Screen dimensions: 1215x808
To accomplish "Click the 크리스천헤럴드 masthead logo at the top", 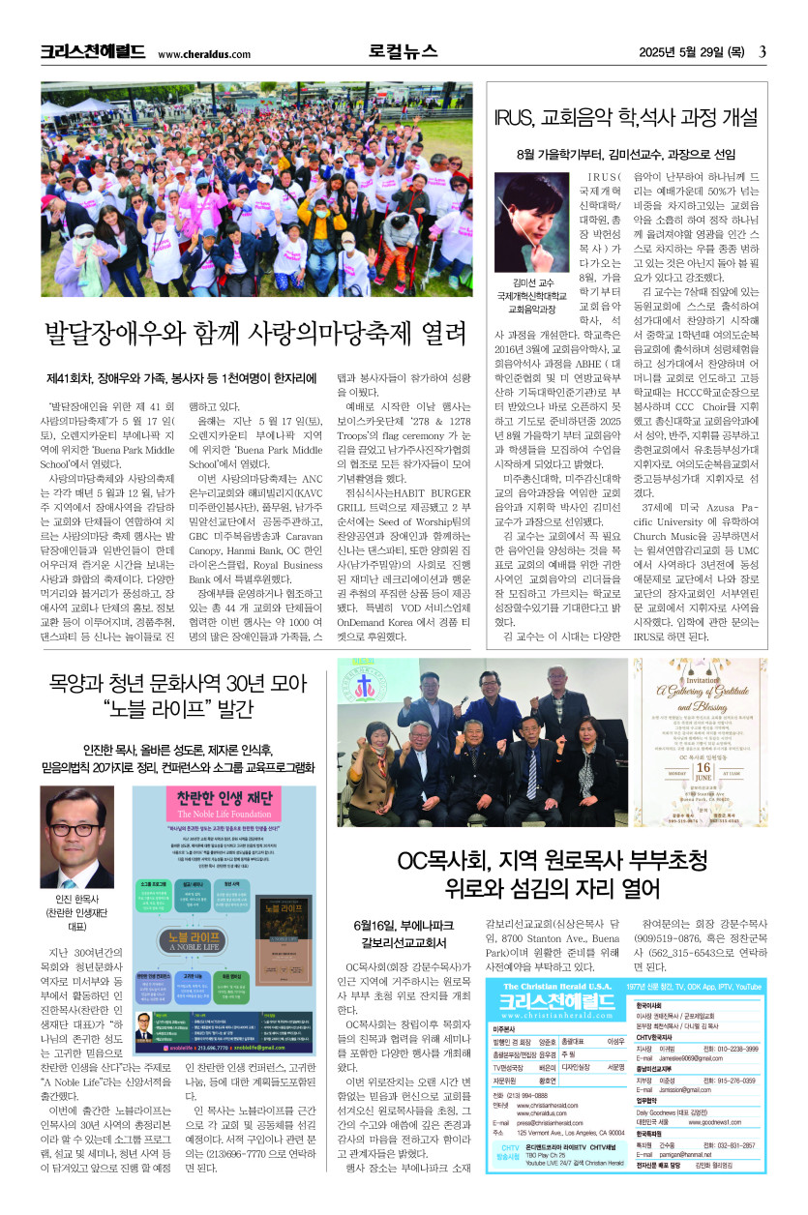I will (93, 52).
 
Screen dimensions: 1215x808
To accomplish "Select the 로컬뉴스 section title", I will (403, 52).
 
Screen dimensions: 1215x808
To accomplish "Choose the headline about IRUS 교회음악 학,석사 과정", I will (624, 118).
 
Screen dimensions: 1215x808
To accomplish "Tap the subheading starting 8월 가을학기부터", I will (624, 154).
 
